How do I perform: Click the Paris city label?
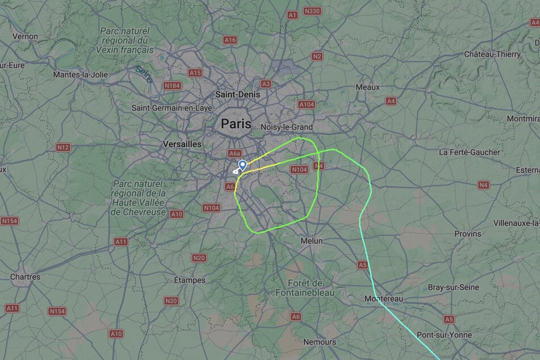pyautogui.click(x=236, y=123)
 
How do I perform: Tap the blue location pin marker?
pyautogui.click(x=242, y=165)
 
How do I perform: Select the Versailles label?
pyautogui.click(x=182, y=144)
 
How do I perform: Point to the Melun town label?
pyautogui.click(x=311, y=241)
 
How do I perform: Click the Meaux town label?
pyautogui.click(x=367, y=87)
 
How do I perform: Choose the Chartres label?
pyautogui.click(x=26, y=277)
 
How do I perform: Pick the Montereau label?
pyautogui.click(x=383, y=299)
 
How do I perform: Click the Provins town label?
pyautogui.click(x=467, y=234)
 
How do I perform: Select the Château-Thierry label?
pyautogui.click(x=492, y=54)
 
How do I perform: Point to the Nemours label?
pyautogui.click(x=319, y=342)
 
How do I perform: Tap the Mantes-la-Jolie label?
pyautogui.click(x=80, y=74)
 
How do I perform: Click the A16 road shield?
pyautogui.click(x=230, y=40)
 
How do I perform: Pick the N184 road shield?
pyautogui.click(x=172, y=86)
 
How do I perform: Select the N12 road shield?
pyautogui.click(x=64, y=148)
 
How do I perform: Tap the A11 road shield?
pyautogui.click(x=121, y=241)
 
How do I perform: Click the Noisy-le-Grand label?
pyautogui.click(x=286, y=127)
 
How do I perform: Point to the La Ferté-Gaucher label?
pyautogui.click(x=470, y=152)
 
